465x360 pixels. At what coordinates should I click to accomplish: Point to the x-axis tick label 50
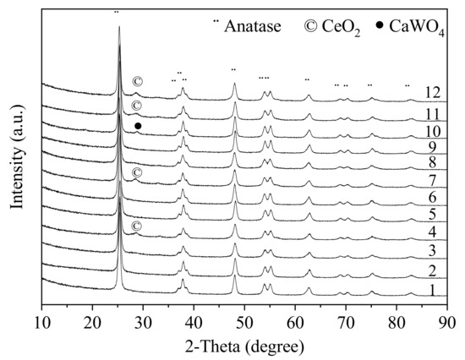[245, 323]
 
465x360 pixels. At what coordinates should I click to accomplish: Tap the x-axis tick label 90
[448, 323]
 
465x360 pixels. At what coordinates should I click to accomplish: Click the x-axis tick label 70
[347, 323]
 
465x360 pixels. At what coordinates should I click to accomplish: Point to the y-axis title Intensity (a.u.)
[15, 161]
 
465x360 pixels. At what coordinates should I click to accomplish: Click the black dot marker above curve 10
[138, 126]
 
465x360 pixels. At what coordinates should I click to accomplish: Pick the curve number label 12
[434, 92]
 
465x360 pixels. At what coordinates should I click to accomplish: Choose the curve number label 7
[434, 180]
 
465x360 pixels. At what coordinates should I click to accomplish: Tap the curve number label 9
[434, 146]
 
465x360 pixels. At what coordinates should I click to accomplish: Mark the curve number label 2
[434, 270]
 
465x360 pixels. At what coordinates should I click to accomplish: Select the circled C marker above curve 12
[137, 82]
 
